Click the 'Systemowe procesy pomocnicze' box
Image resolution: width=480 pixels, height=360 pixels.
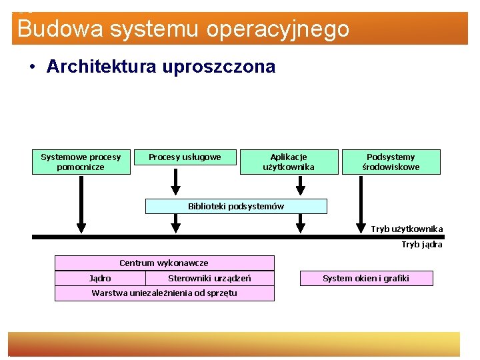[81, 162]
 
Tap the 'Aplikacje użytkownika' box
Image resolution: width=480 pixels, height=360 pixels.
[289, 162]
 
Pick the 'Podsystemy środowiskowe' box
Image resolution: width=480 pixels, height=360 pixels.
[391, 162]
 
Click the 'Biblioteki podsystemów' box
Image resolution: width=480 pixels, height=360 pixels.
[236, 206]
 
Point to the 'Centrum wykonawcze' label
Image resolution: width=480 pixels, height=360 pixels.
[164, 263]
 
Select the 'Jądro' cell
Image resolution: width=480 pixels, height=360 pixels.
[100, 278]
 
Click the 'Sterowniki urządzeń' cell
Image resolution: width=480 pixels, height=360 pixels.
[209, 278]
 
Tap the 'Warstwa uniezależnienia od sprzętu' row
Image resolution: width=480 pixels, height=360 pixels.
[164, 293]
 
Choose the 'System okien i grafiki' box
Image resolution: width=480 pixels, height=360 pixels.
[366, 278]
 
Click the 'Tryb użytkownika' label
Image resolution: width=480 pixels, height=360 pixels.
[407, 229]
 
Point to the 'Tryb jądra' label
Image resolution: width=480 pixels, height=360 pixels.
[421, 245]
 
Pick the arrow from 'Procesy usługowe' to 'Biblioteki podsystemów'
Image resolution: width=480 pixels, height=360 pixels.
[176, 181]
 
